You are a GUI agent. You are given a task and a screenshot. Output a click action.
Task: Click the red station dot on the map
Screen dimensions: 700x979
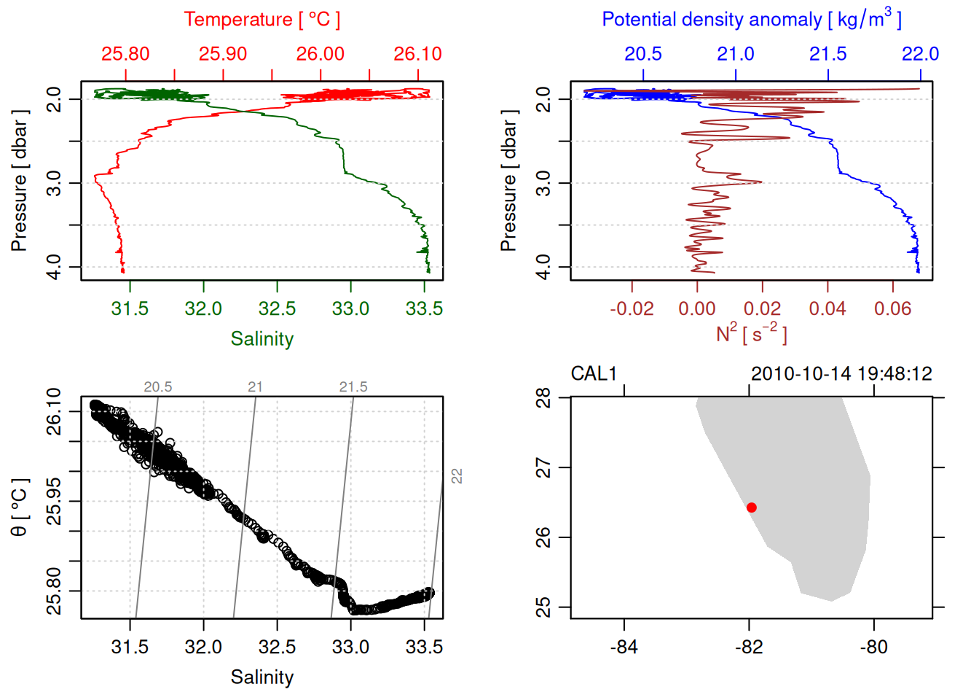(752, 507)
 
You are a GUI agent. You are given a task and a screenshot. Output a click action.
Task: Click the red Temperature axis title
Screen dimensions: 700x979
(262, 20)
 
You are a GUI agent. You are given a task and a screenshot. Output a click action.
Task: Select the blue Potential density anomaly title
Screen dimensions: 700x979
(751, 19)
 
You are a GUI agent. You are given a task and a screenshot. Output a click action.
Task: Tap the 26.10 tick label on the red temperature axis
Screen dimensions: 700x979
(417, 54)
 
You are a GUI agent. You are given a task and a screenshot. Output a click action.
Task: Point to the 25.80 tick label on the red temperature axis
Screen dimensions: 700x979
(125, 54)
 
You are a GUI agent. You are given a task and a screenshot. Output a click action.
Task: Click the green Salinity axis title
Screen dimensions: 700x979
(262, 339)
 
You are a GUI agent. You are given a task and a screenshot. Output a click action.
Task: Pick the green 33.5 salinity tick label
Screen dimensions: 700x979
(424, 309)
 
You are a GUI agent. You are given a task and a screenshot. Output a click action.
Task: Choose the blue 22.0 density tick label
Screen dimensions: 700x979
(920, 54)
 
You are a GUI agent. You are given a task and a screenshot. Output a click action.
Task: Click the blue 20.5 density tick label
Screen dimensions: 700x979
(643, 54)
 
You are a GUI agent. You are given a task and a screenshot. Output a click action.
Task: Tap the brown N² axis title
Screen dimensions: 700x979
(751, 333)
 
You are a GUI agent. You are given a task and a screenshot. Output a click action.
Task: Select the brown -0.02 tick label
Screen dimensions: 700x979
(632, 309)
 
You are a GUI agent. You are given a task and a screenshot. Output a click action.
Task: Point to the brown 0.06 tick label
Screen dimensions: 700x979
(892, 309)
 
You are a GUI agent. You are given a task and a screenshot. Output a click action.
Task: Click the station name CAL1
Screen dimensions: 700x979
(594, 374)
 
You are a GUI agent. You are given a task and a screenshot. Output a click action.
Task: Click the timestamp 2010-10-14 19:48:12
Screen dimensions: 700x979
(841, 374)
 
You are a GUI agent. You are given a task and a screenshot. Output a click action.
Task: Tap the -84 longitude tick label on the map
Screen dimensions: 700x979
(624, 647)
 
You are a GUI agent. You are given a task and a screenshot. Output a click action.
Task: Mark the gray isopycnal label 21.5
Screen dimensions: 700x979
(353, 387)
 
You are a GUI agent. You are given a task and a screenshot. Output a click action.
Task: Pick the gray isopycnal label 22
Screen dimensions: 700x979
(457, 476)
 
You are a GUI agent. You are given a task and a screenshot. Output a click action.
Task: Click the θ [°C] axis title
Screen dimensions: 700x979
(20, 507)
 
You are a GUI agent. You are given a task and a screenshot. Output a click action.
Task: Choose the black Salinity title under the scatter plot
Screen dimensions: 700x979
(262, 677)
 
